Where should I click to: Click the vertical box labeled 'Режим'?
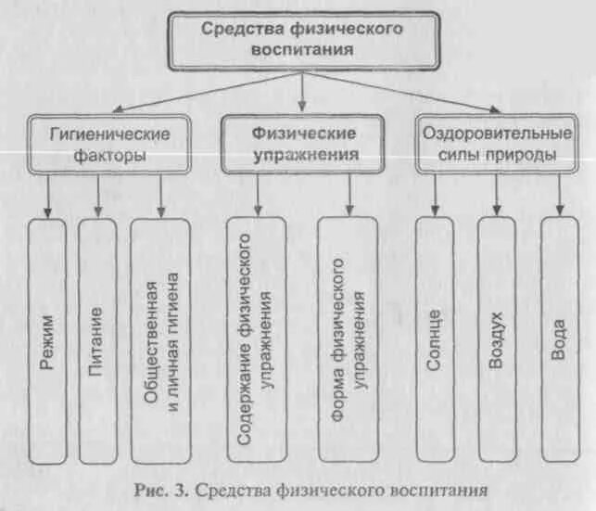tap(47, 339)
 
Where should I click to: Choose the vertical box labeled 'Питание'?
tap(97, 339)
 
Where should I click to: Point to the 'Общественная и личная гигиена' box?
tap(160, 339)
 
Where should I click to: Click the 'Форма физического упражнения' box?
tap(349, 339)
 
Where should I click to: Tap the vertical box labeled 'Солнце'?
tap(436, 339)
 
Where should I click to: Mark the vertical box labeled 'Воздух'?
tap(497, 339)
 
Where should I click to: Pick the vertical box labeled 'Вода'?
tap(558, 339)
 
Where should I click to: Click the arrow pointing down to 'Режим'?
tap(48, 195)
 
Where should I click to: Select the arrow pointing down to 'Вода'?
tap(558, 195)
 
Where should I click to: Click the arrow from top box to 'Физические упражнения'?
tap(302, 91)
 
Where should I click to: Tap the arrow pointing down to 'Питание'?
tap(97, 195)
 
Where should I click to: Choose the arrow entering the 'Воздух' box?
tap(497, 195)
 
